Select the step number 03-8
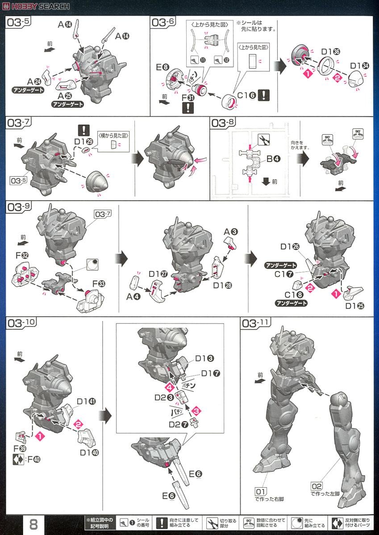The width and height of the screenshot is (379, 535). (224, 123)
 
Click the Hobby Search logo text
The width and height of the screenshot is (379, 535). (36, 6)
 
